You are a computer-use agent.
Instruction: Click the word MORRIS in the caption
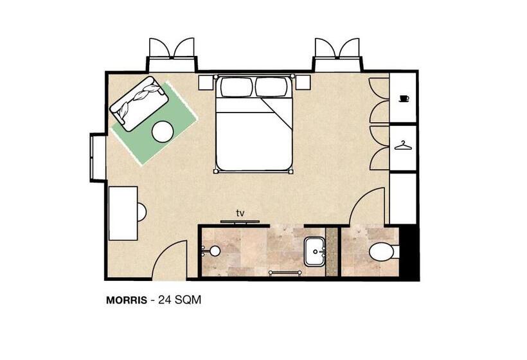[127, 300]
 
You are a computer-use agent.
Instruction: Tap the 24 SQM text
[179, 300]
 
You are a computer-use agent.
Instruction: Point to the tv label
[240, 213]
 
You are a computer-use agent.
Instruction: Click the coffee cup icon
[404, 98]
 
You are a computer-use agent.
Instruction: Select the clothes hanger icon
[403, 145]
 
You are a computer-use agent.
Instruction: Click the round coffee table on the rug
[163, 131]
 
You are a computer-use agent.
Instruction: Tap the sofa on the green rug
[139, 104]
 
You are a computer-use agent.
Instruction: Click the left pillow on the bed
[237, 87]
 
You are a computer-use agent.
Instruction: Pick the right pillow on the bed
[271, 87]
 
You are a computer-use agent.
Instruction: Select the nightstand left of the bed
[206, 83]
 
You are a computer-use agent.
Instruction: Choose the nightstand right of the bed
[303, 82]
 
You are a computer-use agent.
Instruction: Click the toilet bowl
[382, 252]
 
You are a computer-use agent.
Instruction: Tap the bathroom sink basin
[315, 251]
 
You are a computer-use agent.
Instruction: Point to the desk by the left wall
[123, 213]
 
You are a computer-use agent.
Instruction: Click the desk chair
[141, 212]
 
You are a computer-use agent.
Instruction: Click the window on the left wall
[98, 157]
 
